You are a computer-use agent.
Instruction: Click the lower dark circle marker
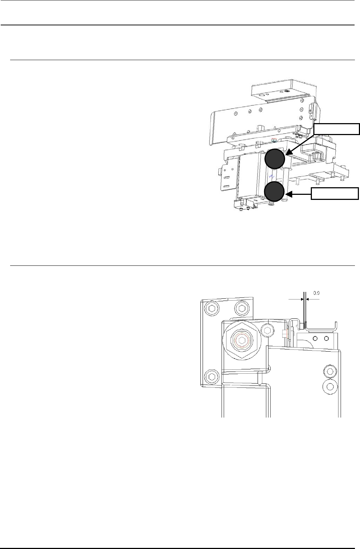(274, 191)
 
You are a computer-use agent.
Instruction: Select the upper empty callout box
(336, 129)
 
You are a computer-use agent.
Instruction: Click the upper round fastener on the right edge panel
(330, 371)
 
